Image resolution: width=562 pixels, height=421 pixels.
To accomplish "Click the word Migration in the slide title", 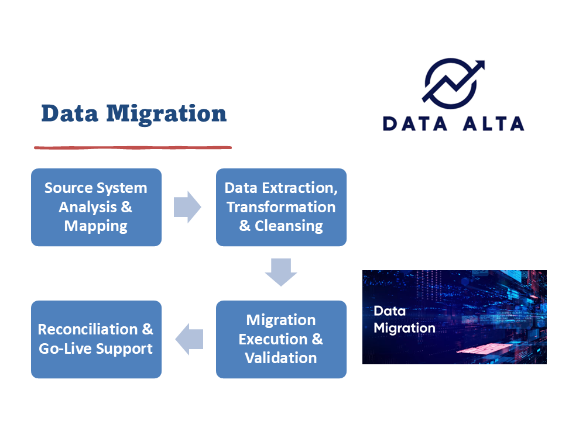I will coord(166,113).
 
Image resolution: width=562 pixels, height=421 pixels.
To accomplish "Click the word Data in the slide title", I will coord(70,113).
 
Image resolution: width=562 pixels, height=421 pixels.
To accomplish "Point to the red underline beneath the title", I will coord(133,147).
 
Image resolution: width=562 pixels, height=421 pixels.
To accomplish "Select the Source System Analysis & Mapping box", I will coord(96,207).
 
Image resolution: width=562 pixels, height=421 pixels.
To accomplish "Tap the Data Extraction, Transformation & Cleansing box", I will coord(281,207).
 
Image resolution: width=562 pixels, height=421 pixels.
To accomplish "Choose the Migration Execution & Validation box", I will coord(281,339).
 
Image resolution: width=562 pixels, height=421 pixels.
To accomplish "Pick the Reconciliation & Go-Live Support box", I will coord(96,339).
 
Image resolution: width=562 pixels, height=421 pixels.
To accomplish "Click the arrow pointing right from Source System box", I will coord(187,207).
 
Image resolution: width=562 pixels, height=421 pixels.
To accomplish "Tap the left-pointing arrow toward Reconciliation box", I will coord(189,339).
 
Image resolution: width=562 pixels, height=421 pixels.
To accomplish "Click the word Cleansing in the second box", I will coord(289,226).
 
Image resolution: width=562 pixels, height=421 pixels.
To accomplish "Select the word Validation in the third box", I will coord(281,358).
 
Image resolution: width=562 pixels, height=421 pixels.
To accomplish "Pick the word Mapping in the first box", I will coord(96,226).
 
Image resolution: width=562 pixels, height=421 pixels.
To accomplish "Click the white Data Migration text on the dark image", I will coord(404,319).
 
